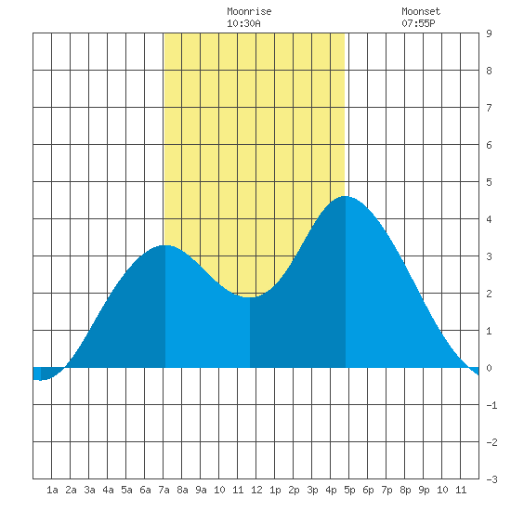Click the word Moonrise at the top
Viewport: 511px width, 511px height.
pos(249,11)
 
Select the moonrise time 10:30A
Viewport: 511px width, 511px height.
pos(243,23)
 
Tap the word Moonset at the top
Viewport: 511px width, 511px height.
pos(421,11)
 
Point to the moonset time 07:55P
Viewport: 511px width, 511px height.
pos(418,23)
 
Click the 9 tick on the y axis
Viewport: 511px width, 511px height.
pos(489,33)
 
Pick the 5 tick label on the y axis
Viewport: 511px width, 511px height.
pos(489,182)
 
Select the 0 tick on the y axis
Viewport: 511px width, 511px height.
pos(489,368)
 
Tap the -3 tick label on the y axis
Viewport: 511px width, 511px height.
pos(491,479)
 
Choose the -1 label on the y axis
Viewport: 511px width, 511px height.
pos(491,405)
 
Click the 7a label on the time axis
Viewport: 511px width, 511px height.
pos(164,490)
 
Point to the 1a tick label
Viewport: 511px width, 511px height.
pos(52,490)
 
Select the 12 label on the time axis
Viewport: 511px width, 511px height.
pos(256,490)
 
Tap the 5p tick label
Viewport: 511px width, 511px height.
pos(349,490)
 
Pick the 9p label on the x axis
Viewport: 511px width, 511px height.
pos(424,490)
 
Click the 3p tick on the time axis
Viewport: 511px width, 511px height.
pos(312,490)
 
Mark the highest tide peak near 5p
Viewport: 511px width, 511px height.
pos(345,197)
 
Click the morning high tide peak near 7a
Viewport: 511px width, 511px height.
pos(165,245)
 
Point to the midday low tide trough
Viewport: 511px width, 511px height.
pos(250,297)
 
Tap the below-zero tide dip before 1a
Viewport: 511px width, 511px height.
pos(40,380)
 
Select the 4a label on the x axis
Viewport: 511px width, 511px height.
pos(108,490)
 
